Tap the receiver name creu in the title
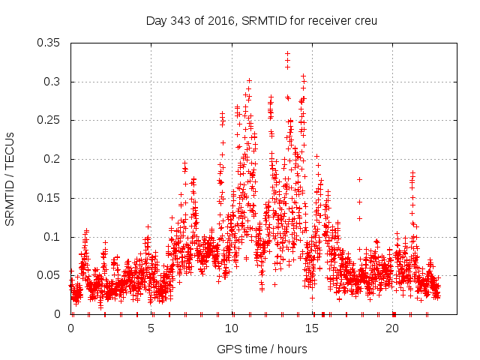pos(363,21)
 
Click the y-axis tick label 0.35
pos(49,43)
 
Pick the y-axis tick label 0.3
pos(52,82)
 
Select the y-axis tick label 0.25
pos(49,120)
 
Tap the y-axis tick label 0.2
pos(52,159)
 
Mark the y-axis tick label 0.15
pos(49,198)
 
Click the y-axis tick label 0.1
pos(52,237)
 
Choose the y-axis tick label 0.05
pos(49,275)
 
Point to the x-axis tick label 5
pos(151,328)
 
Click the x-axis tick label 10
pos(232,328)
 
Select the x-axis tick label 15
pos(312,328)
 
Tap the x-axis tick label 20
pos(392,328)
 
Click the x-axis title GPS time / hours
pos(262,349)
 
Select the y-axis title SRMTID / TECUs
pos(10,178)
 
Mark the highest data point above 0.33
pos(287,54)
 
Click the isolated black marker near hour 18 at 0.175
pos(359,179)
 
